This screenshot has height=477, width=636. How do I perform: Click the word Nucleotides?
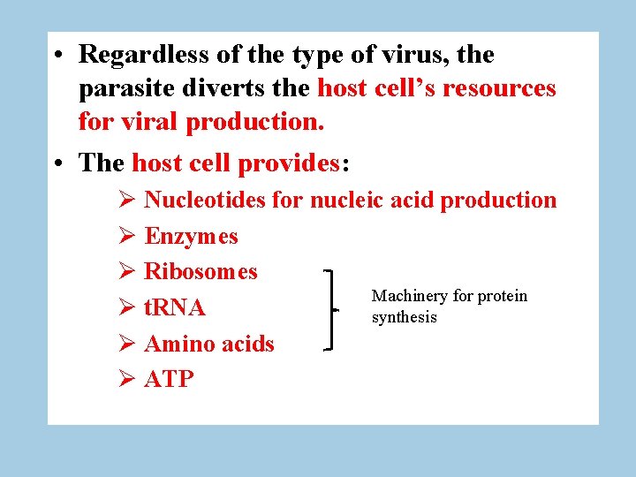point(204,201)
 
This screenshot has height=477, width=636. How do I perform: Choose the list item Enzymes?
point(191,237)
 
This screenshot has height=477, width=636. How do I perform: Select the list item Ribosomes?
point(201,272)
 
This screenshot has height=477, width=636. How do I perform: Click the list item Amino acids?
point(208,344)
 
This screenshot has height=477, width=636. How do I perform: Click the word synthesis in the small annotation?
point(404,318)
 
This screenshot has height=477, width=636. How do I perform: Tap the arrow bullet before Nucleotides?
point(125,201)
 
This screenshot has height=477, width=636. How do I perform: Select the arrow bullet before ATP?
point(125,380)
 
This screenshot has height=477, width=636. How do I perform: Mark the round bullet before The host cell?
point(57,164)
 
